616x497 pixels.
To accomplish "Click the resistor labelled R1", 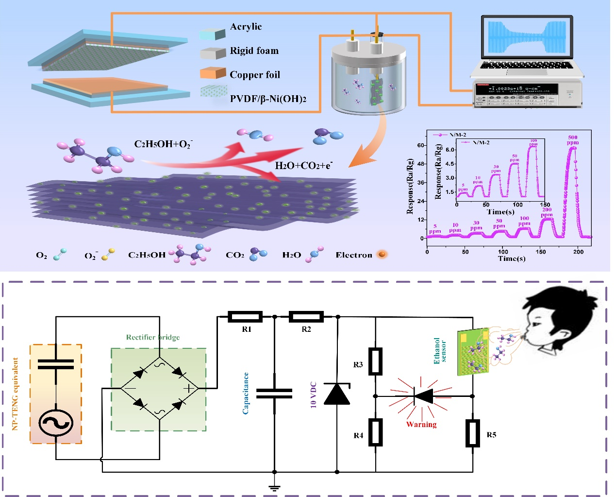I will tap(245, 317).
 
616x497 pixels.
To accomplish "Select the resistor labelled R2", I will tap(306, 317).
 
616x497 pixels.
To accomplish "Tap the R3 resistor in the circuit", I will tap(375, 361).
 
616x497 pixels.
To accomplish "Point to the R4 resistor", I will tap(375, 432).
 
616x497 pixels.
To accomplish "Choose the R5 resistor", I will tap(473, 433).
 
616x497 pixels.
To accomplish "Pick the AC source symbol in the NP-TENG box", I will tap(56, 423).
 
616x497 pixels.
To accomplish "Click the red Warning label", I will tap(421, 424).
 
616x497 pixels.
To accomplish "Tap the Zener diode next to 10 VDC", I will tap(337, 394).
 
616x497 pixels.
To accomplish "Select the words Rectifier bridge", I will tap(152, 337).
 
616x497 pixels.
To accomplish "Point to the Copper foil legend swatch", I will tap(213, 73).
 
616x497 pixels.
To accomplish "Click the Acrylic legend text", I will tap(246, 27).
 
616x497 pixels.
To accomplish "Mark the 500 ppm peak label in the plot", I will tap(573, 140).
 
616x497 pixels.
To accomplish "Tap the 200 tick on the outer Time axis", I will tap(578, 252).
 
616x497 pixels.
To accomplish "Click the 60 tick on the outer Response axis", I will tap(420, 145).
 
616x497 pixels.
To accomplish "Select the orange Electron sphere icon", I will tap(382, 254).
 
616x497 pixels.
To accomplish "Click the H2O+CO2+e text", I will tap(303, 165).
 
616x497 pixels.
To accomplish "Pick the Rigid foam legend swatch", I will tap(213, 52).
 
